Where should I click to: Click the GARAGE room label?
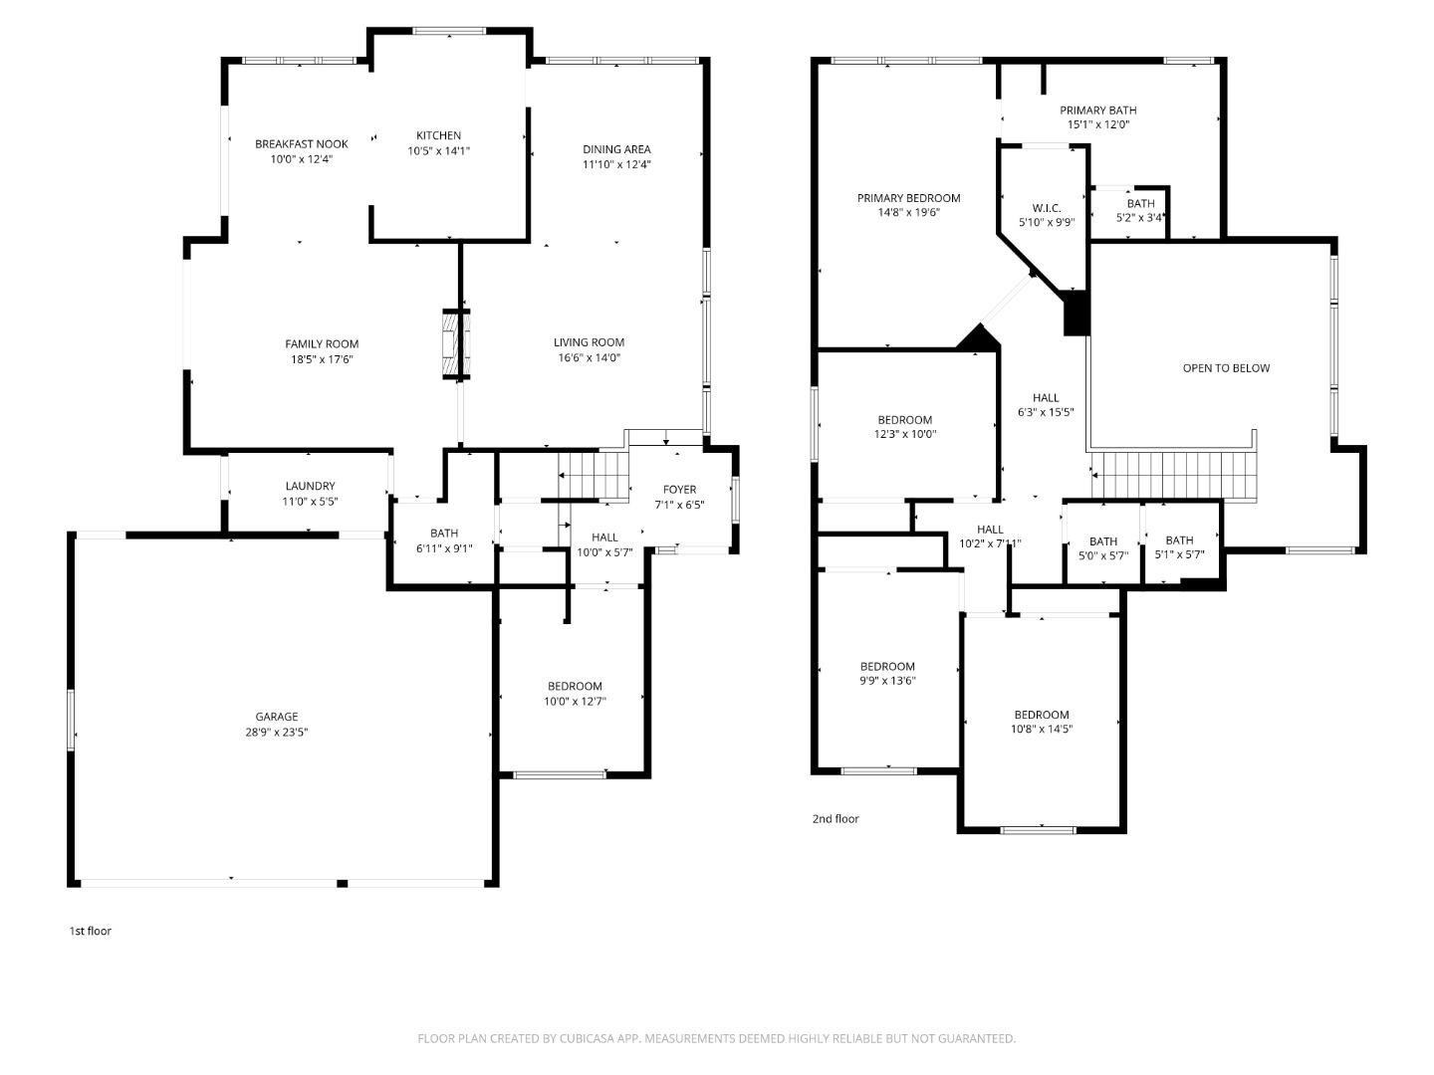(x=277, y=717)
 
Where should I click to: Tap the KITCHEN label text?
(x=438, y=135)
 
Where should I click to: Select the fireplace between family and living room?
(x=456, y=344)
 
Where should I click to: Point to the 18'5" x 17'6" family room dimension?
(x=322, y=359)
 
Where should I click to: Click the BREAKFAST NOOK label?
(x=301, y=144)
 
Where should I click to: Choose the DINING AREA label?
(x=616, y=149)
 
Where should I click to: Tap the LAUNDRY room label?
(x=311, y=487)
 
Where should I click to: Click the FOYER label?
(x=679, y=490)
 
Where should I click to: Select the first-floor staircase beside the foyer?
(x=594, y=475)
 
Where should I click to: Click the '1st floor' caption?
(x=91, y=931)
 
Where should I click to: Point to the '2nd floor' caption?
(x=836, y=818)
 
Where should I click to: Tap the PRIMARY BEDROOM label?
(x=909, y=198)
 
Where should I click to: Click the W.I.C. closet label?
(x=1047, y=208)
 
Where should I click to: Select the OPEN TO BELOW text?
(x=1226, y=368)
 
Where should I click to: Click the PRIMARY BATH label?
(x=1098, y=110)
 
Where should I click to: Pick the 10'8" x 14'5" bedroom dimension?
(x=1042, y=729)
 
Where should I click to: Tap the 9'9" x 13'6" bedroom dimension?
(x=888, y=681)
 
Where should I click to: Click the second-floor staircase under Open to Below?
(x=1174, y=475)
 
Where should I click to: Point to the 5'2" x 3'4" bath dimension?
(x=1140, y=218)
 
